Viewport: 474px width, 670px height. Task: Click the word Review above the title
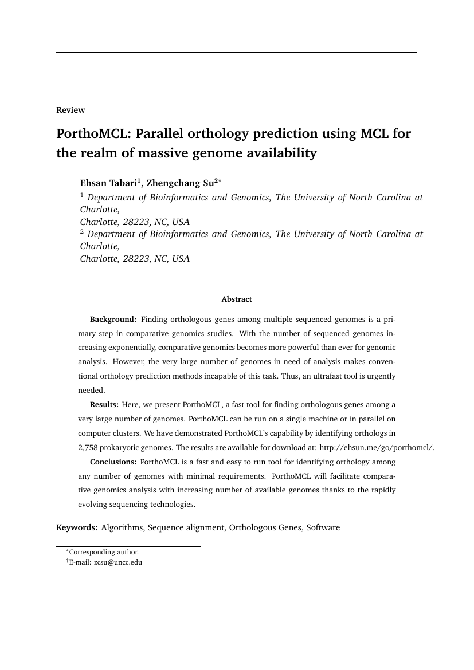(x=70, y=110)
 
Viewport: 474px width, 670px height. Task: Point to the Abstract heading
(x=237, y=299)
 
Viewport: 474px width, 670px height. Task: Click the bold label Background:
(x=113, y=319)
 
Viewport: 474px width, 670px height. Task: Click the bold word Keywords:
(x=77, y=527)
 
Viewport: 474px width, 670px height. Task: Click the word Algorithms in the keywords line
(x=122, y=527)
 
